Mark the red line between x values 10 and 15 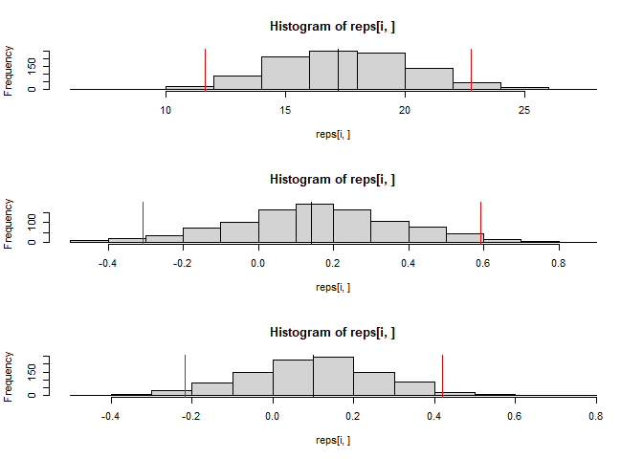(x=205, y=70)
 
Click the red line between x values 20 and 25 (x=471, y=70)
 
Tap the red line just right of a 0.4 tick (x=442, y=374)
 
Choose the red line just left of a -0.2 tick (x=185, y=374)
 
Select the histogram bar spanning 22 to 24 (x=477, y=86)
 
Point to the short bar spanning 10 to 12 (x=189, y=88)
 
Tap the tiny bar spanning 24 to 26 (x=524, y=89)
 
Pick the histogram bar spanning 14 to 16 (x=285, y=74)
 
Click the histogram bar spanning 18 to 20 (x=381, y=72)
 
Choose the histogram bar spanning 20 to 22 (x=429, y=79)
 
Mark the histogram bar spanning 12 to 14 (x=237, y=83)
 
